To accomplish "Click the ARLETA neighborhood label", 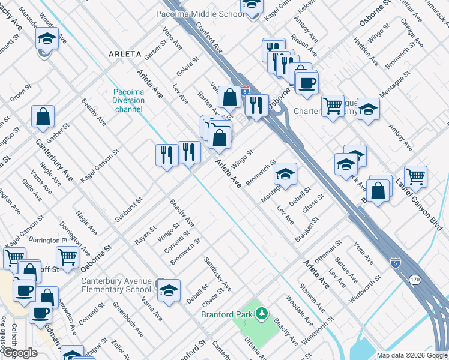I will click(x=125, y=54).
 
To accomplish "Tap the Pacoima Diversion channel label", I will click(x=128, y=100).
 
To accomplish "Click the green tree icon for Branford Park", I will click(x=261, y=313).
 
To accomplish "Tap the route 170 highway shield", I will click(x=415, y=280).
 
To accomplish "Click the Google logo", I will click(x=20, y=352).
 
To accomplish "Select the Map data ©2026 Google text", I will click(x=411, y=355).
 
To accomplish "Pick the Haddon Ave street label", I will click(x=366, y=52).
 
